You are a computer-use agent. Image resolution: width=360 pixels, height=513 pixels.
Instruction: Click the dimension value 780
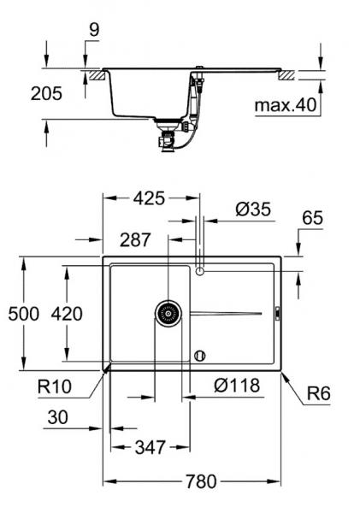pos(201,480)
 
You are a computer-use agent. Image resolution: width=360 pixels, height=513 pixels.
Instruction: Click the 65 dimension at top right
pos(312,219)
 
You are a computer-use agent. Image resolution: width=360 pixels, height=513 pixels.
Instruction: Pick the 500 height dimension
pos(24,314)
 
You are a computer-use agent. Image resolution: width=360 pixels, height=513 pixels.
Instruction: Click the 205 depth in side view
pos(46,93)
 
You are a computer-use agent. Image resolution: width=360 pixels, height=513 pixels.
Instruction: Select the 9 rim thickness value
pos(92,30)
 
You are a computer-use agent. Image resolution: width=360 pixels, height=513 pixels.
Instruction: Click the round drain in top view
pos(168,313)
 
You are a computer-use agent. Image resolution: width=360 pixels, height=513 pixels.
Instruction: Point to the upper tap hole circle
pos(199,271)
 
